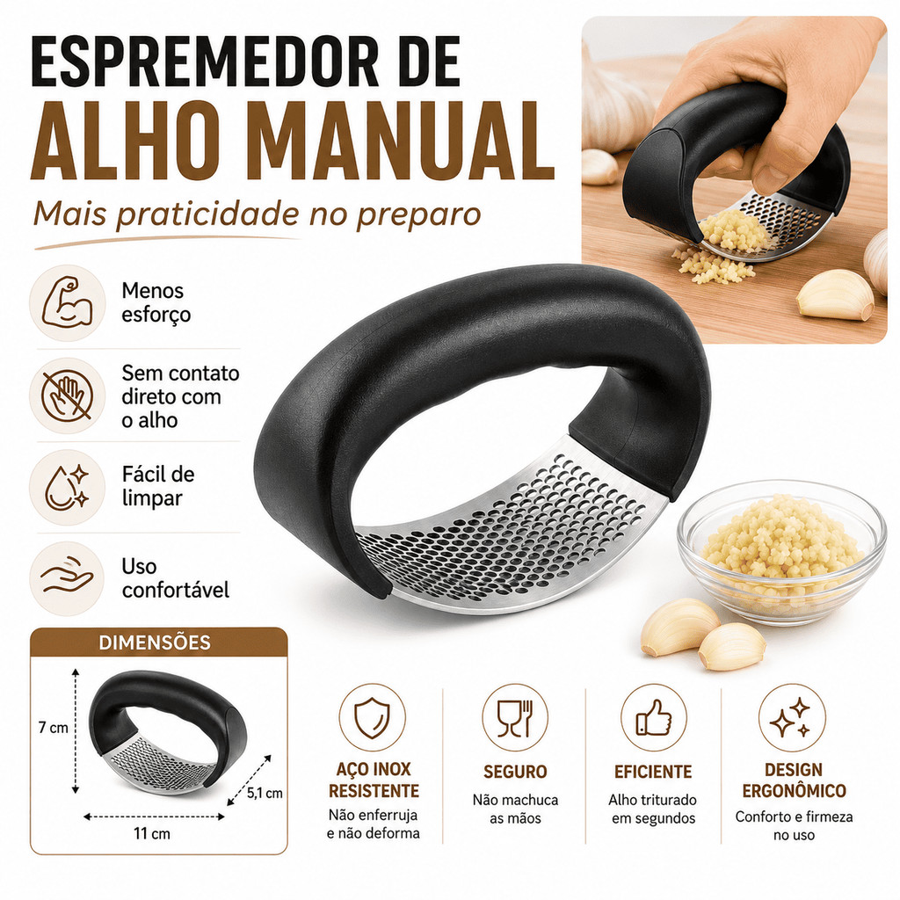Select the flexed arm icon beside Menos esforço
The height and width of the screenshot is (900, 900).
click(x=67, y=303)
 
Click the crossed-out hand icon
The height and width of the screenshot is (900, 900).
click(x=67, y=396)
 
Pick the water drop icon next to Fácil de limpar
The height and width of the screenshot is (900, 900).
click(x=67, y=487)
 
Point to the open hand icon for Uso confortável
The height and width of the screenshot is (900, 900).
click(x=67, y=578)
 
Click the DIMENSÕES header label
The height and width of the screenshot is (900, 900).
click(x=155, y=642)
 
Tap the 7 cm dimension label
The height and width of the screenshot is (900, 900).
click(x=53, y=728)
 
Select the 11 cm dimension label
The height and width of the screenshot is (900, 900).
click(x=151, y=833)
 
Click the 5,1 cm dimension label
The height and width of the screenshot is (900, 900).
click(x=265, y=793)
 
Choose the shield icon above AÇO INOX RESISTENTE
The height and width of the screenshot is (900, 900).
click(x=372, y=717)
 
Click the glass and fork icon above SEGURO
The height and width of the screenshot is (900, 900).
click(x=515, y=717)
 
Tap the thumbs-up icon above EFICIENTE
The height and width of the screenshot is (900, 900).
click(x=654, y=717)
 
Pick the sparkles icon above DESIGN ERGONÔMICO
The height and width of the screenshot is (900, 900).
click(x=792, y=717)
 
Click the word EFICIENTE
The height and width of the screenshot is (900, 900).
click(x=653, y=772)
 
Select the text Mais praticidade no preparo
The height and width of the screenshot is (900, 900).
click(x=257, y=214)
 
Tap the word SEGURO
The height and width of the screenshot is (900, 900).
click(x=515, y=772)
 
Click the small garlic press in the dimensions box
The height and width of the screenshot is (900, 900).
click(x=169, y=732)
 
